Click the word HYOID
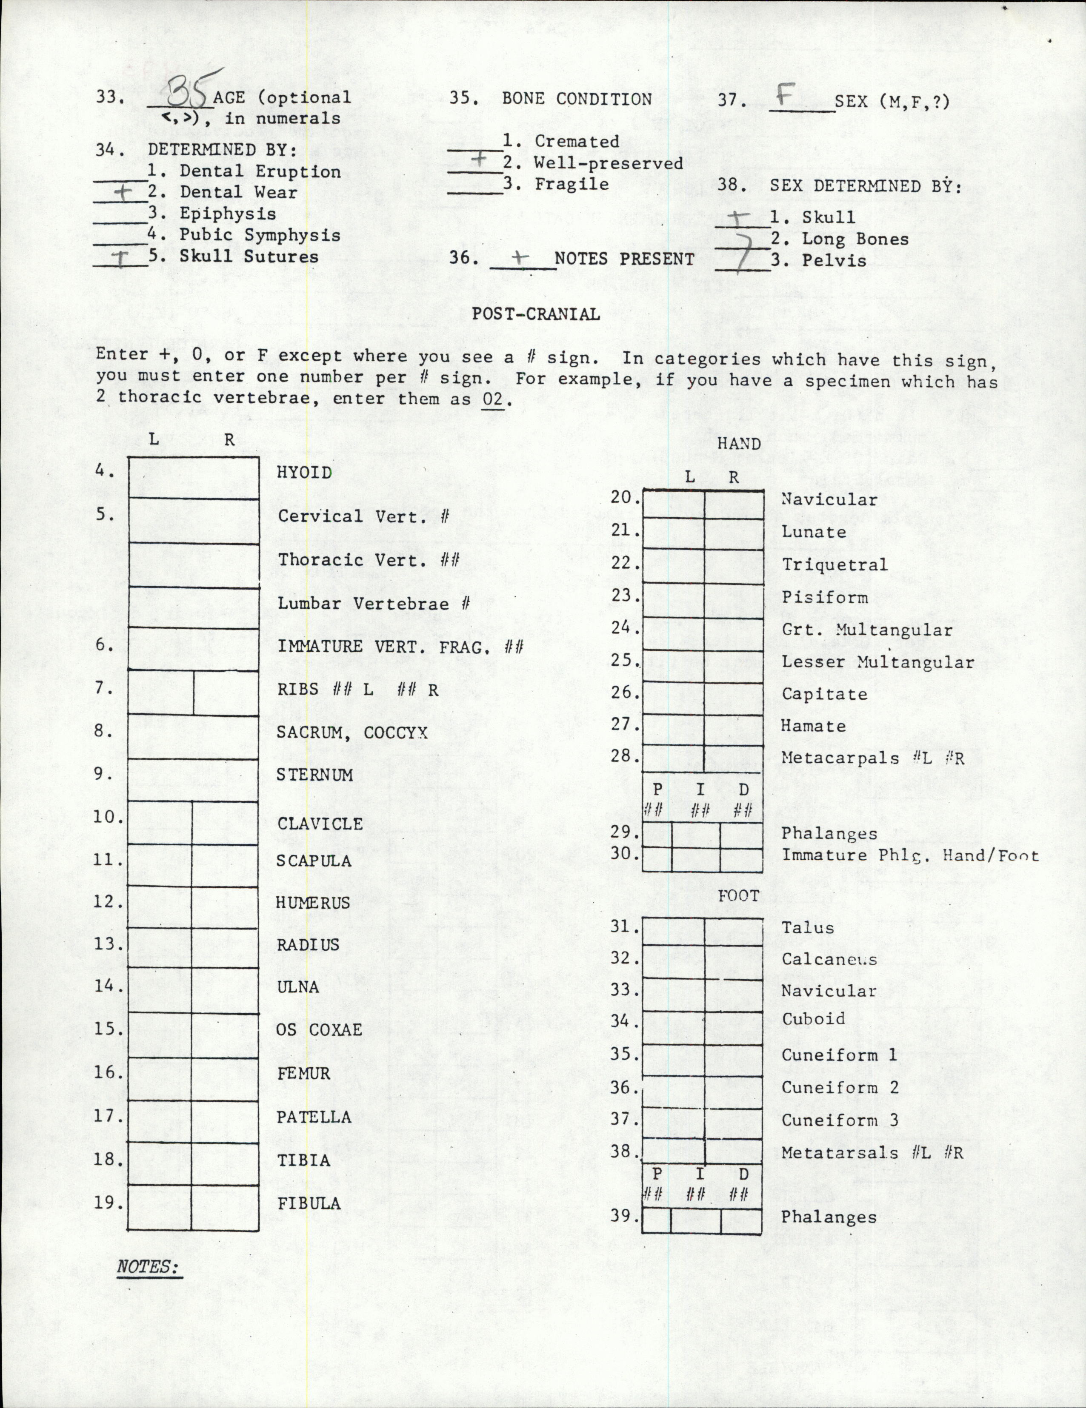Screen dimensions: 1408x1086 coord(304,473)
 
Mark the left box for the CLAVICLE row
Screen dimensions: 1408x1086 coord(159,823)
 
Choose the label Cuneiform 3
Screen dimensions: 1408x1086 coord(840,1120)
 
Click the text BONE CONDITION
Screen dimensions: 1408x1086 coord(577,99)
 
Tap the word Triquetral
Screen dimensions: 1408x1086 coord(835,565)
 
